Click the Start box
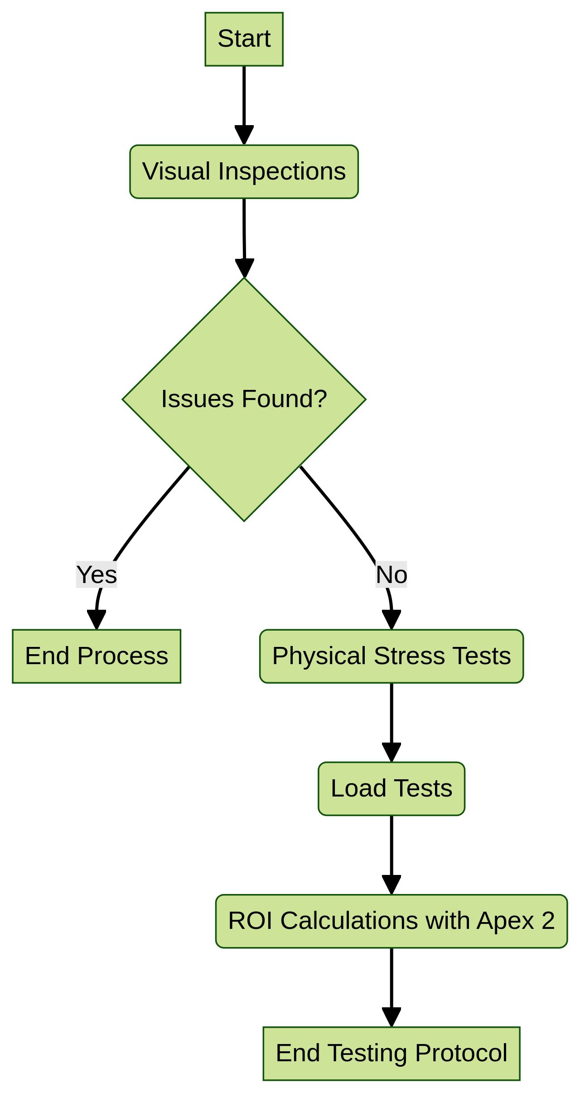point(244,39)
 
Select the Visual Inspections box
point(244,172)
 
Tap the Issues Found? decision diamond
point(244,399)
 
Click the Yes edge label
point(97,574)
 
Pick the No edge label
point(391,574)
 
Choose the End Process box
point(97,656)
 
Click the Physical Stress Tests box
point(391,656)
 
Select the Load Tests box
point(391,788)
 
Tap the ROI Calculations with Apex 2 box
point(391,921)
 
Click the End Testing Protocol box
point(391,1053)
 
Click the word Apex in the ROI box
point(505,921)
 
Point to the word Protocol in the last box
point(461,1053)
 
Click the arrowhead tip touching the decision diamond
point(244,276)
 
